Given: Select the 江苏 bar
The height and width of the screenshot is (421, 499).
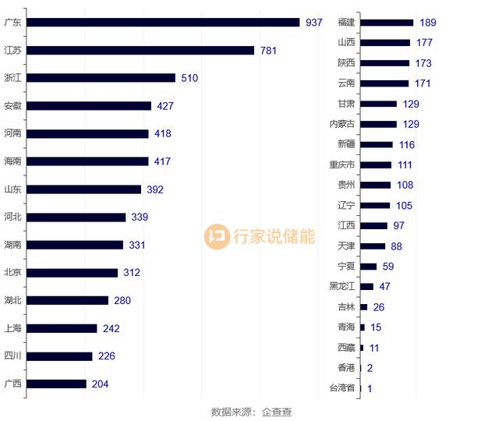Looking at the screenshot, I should click(141, 51).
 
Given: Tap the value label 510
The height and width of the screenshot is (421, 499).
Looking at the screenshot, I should click(189, 78).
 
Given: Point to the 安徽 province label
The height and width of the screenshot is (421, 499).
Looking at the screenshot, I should click(12, 106).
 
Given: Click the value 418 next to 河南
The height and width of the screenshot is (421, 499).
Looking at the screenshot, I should click(162, 134).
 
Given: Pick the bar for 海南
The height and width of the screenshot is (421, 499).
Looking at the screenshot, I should click(88, 161).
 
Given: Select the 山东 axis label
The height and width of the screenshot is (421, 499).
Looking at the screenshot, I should click(12, 189).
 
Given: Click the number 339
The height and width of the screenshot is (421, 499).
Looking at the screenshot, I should click(140, 218).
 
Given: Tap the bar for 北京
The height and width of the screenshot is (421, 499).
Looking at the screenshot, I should click(73, 273).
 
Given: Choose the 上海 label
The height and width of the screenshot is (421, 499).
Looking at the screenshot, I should click(12, 328).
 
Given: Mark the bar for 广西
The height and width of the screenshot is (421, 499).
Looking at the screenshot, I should click(57, 384).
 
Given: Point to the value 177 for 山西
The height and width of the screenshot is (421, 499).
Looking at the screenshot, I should click(424, 43).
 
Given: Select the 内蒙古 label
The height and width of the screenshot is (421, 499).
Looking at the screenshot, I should click(342, 124).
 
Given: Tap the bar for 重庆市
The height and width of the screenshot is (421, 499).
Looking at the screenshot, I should click(376, 165).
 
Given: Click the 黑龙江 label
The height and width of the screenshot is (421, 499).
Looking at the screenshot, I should click(342, 286).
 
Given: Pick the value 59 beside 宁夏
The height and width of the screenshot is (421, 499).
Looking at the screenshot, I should click(388, 266).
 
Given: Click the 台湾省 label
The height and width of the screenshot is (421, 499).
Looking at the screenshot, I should click(342, 388).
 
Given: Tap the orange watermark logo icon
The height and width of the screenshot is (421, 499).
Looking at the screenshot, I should click(217, 236).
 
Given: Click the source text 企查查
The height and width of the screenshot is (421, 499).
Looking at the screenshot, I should click(277, 412).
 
